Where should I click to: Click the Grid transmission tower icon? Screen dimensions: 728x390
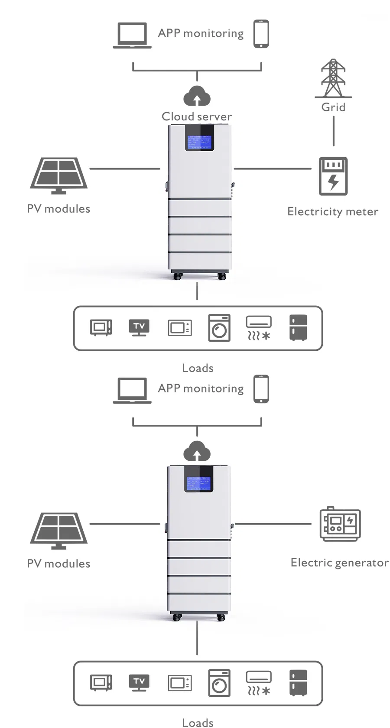click(x=333, y=78)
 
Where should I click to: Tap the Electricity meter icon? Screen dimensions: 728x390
click(x=333, y=176)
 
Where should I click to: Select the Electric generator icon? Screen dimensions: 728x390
click(x=340, y=524)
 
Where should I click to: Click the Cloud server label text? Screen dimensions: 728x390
click(x=196, y=116)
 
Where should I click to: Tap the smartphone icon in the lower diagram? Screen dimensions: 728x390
click(x=261, y=389)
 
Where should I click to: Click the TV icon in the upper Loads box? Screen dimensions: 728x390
click(x=139, y=327)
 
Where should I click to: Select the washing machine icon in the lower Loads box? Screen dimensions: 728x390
click(x=219, y=683)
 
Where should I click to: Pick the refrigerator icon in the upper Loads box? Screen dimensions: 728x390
click(x=298, y=327)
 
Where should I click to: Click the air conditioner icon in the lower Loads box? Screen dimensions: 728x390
click(x=259, y=683)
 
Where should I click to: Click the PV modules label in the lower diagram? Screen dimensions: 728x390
click(x=58, y=563)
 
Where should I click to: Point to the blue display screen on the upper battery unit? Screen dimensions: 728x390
click(x=199, y=142)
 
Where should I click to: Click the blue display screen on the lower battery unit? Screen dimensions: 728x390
click(x=198, y=483)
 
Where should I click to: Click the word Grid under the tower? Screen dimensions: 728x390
click(x=333, y=107)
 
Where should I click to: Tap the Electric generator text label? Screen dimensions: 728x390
click(x=339, y=563)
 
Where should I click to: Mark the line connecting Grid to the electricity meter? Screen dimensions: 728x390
click(x=333, y=131)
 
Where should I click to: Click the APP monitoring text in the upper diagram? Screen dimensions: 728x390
click(x=201, y=33)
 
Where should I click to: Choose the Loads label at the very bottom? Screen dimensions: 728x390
click(x=198, y=723)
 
